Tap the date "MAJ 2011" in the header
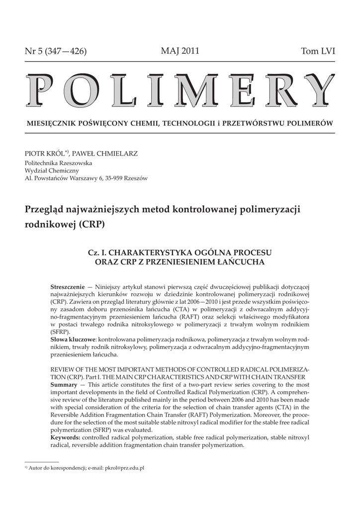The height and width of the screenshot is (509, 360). pos(180,51)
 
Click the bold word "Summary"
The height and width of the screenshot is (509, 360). pos(64,385)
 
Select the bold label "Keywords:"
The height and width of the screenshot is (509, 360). pos(66,437)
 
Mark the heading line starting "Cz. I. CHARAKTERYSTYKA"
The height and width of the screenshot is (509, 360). pos(180,252)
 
